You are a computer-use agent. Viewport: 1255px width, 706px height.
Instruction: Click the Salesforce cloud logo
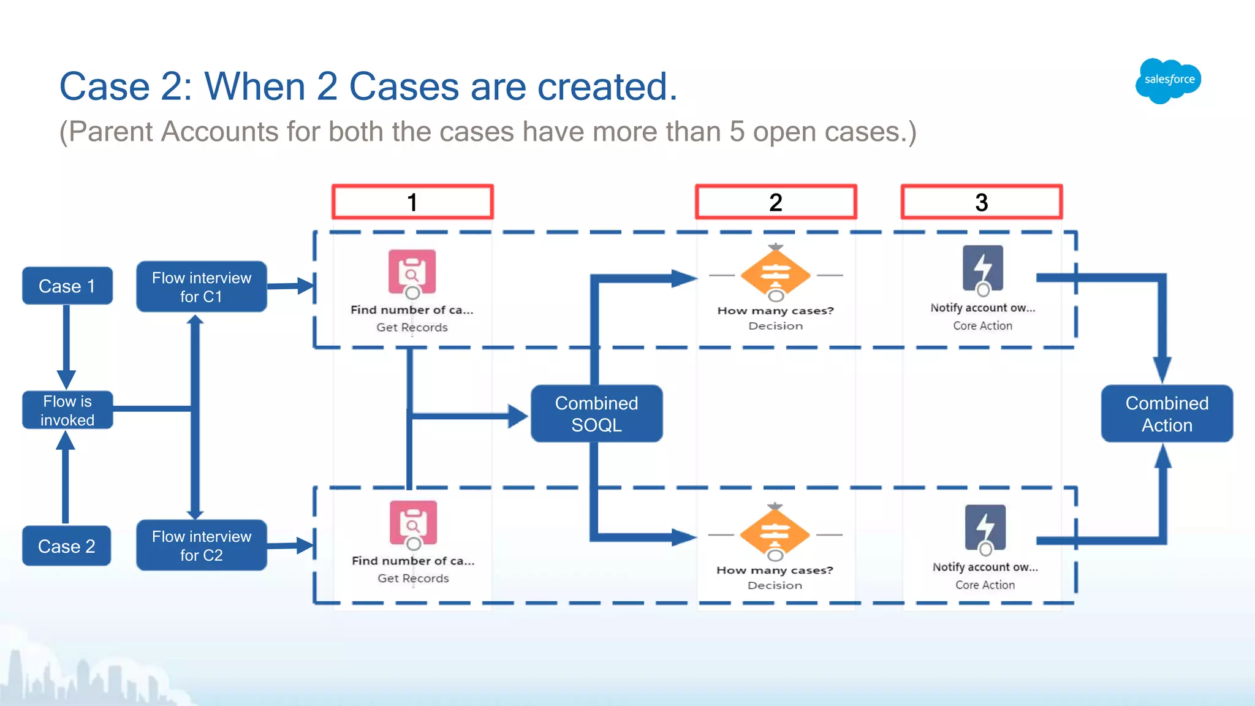tap(1168, 80)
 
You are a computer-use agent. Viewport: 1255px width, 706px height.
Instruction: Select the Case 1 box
tap(67, 286)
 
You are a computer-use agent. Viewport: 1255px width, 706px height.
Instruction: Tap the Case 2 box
tap(67, 545)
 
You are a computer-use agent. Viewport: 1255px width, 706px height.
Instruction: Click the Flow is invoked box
tap(67, 410)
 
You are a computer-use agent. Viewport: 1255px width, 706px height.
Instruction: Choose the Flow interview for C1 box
tap(201, 287)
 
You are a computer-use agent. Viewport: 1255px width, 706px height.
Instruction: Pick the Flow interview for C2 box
tap(201, 545)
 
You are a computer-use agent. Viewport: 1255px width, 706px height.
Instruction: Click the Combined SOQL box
tap(596, 414)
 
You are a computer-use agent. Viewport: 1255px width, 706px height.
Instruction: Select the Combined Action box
tap(1166, 414)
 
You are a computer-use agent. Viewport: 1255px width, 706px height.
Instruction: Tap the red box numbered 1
tap(412, 202)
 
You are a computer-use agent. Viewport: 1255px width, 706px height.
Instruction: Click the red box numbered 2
tap(776, 202)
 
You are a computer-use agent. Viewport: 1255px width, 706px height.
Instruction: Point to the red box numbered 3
tap(981, 202)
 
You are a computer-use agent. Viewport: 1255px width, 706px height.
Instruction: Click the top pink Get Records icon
tap(412, 271)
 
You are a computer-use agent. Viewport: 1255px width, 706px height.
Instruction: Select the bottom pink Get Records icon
tap(413, 523)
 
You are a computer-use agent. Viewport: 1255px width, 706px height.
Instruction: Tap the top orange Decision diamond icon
tap(775, 274)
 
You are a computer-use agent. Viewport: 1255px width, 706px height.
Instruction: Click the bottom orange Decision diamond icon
tap(775, 533)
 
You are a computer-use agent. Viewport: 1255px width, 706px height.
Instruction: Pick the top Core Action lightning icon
tap(982, 268)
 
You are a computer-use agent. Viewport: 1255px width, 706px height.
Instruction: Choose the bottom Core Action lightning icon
tap(985, 527)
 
